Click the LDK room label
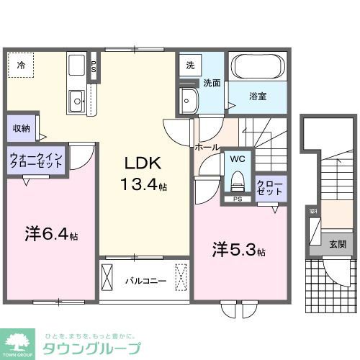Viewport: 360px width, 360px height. [x=138, y=163]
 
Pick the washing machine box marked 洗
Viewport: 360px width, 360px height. [x=190, y=65]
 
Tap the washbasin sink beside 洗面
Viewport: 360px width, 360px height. [x=189, y=99]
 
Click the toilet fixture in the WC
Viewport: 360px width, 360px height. [x=237, y=176]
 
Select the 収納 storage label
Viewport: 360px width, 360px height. [x=20, y=129]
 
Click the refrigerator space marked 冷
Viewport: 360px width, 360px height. [x=22, y=66]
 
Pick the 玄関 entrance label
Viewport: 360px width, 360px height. [x=337, y=244]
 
